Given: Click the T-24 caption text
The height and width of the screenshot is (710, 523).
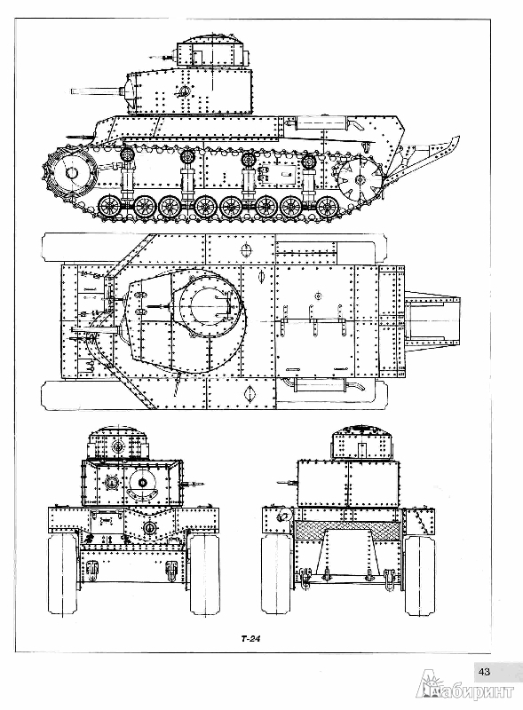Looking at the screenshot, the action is point(250,639).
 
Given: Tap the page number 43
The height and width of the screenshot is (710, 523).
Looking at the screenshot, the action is point(484,671).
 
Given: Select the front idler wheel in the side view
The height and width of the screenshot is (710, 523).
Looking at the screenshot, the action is point(70,172).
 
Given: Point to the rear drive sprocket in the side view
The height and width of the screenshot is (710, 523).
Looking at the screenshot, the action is point(357,177).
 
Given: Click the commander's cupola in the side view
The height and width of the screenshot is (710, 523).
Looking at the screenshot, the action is point(210,51).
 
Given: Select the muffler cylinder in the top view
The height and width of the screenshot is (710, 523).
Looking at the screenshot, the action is point(321,386).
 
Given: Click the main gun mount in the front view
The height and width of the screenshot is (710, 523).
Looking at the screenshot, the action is point(143,483).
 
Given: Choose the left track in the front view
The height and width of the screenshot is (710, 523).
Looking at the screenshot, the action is point(63,573).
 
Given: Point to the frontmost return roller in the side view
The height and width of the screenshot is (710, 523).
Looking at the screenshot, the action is point(126,155).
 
